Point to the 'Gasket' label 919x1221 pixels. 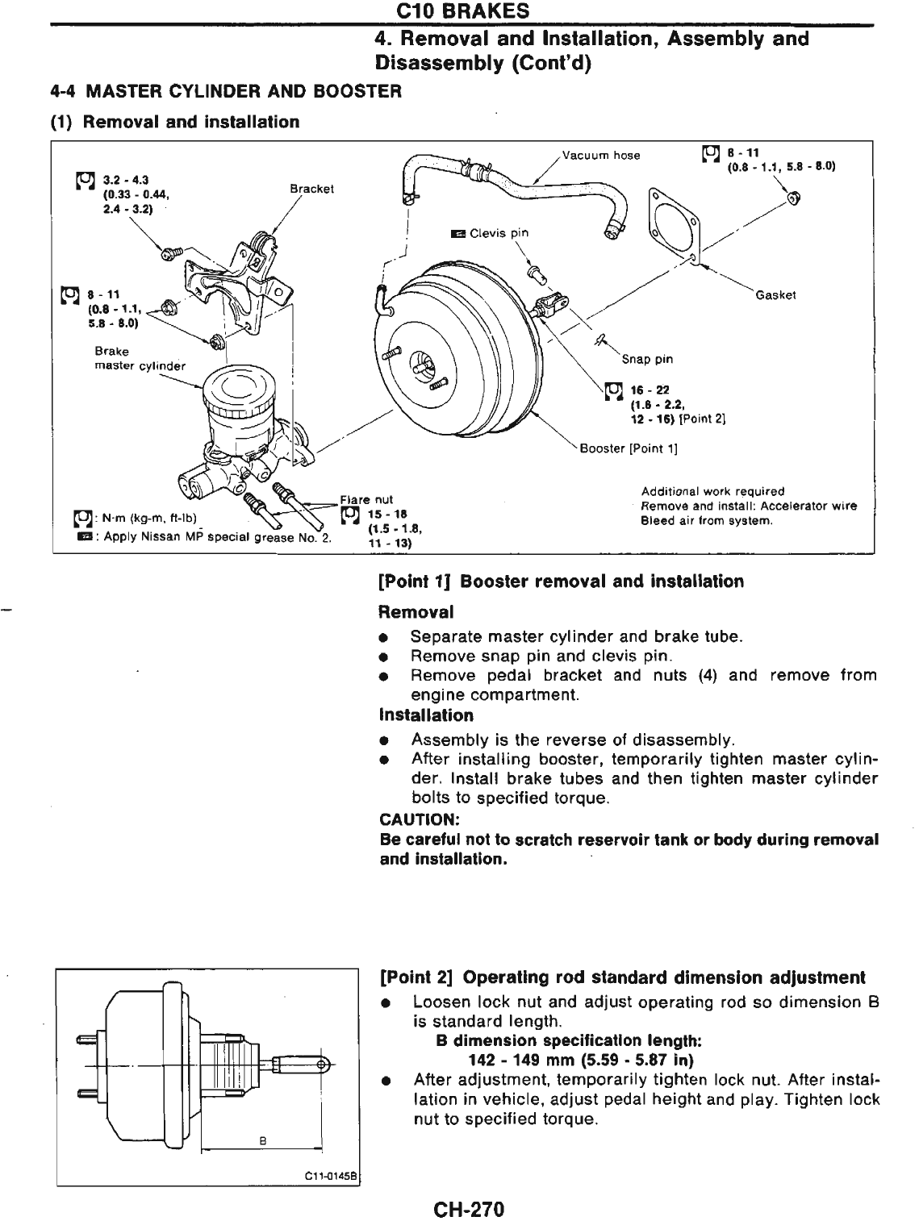775,295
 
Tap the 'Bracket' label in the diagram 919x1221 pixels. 311,189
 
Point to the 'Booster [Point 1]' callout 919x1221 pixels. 629,449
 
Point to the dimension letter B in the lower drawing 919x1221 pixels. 262,1140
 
